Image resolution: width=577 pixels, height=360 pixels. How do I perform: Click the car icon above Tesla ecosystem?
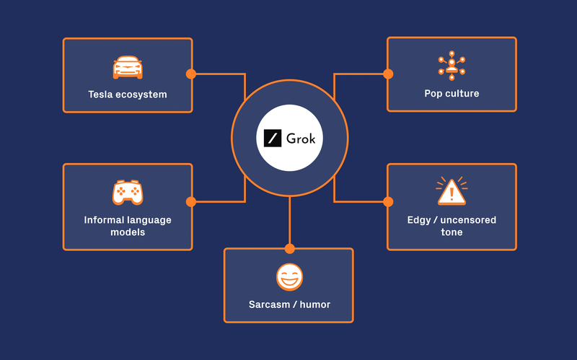point(128,67)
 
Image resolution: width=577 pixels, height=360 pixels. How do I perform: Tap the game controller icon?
point(128,192)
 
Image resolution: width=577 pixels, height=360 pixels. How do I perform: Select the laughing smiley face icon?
point(289,277)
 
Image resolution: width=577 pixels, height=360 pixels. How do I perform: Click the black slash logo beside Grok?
point(272,137)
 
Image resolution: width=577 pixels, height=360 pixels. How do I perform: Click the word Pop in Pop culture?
point(433,94)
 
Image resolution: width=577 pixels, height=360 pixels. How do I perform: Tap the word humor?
point(315,304)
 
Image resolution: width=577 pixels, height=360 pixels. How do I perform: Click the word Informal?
point(105,220)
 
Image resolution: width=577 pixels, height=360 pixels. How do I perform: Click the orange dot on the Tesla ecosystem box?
point(191,74)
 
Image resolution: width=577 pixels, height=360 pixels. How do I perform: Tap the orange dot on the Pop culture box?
point(388,74)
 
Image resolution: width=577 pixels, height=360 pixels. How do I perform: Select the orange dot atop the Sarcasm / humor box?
point(289,249)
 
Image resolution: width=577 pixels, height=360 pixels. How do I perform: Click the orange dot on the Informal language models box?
point(191,202)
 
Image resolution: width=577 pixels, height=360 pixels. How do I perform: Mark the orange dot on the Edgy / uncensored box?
point(388,202)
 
